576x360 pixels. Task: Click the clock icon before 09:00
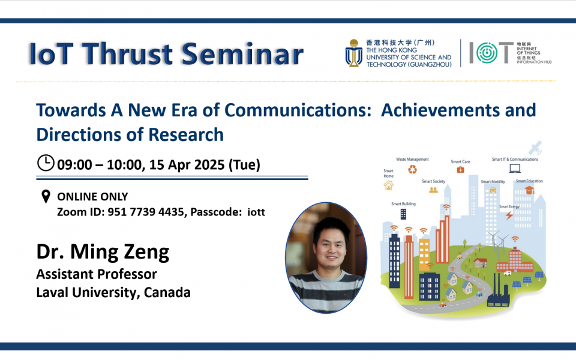click(x=46, y=163)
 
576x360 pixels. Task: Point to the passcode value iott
click(x=256, y=212)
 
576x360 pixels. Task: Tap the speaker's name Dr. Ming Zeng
click(x=103, y=251)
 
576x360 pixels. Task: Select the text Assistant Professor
click(x=97, y=274)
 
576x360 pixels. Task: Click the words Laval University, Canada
click(x=113, y=293)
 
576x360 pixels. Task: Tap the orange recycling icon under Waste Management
click(x=412, y=170)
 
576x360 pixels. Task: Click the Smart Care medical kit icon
click(x=460, y=170)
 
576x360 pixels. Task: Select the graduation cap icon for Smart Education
click(x=529, y=190)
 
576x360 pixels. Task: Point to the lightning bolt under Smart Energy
click(x=509, y=215)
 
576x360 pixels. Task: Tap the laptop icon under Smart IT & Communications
click(x=514, y=169)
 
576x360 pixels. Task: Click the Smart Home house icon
click(x=388, y=186)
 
